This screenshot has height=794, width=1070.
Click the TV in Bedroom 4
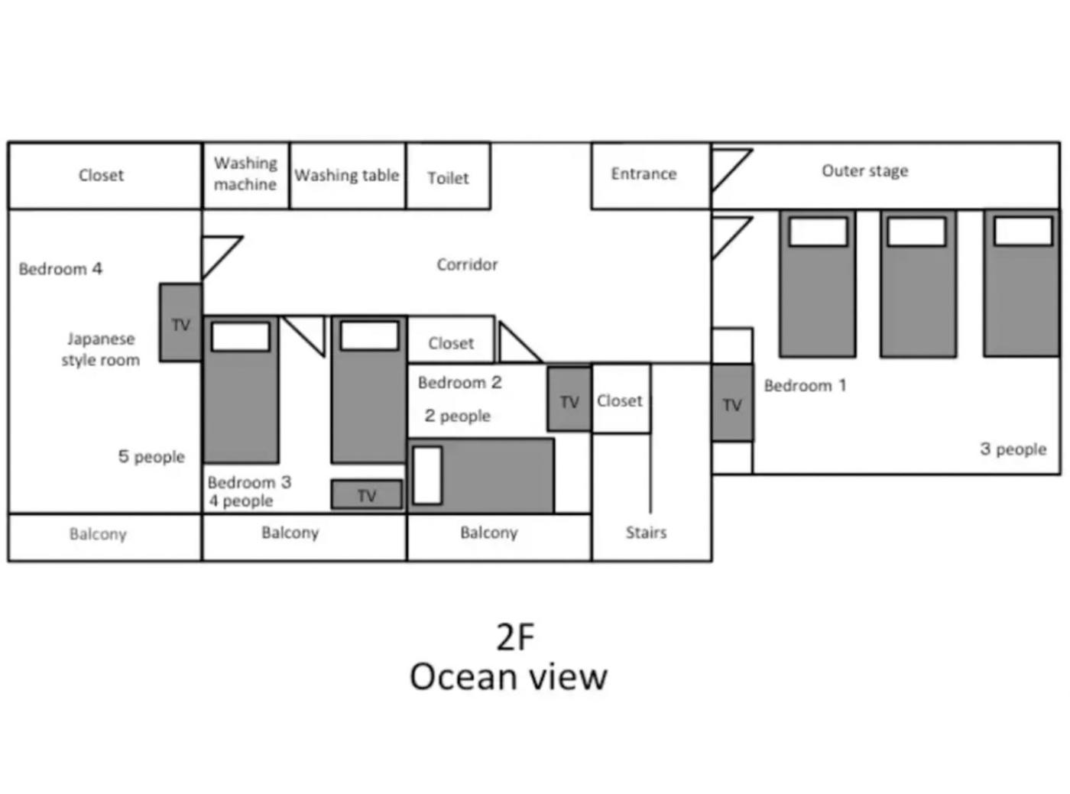point(180,322)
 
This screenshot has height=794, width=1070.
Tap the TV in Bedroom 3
point(367,494)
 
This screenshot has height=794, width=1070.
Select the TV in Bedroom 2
point(569,399)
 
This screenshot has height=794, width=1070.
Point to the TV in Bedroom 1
point(732,403)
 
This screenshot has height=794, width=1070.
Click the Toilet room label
point(448,178)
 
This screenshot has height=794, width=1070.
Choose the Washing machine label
point(245,173)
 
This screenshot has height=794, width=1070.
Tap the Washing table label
point(347,175)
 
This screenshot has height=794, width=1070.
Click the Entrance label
point(644,173)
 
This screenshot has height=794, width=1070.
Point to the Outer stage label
point(865,170)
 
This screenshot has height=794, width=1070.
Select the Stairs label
point(646,532)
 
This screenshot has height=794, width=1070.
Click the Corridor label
point(467,264)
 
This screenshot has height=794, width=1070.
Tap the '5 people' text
point(151,456)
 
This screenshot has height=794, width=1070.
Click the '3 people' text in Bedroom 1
point(1013,449)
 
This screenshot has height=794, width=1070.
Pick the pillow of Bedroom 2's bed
point(427,475)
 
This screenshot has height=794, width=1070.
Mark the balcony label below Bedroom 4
point(98,534)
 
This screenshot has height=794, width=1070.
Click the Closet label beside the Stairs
point(619,400)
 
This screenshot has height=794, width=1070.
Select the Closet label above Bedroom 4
point(102,175)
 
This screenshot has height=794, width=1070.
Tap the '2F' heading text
point(516,637)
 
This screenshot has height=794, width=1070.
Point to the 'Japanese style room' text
point(101,349)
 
